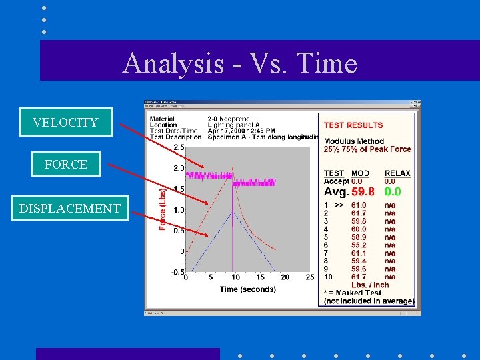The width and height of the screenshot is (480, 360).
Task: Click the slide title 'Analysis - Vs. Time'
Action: click(240, 63)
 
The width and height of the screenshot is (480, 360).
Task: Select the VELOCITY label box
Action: click(65, 122)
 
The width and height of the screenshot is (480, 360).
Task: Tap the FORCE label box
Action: click(65, 164)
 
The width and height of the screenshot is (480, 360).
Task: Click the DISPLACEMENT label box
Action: click(70, 208)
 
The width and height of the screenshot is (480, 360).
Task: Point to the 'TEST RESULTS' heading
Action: click(353, 125)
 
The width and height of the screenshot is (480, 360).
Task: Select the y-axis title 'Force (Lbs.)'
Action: click(162, 209)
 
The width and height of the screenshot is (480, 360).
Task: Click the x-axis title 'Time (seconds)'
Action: click(247, 289)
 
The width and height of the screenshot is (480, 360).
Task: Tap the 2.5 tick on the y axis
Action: click(179, 147)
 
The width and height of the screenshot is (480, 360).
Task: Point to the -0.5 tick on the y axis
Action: click(177, 272)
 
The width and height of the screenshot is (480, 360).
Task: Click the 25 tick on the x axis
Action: click(309, 277)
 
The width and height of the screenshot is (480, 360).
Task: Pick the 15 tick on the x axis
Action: click(260, 277)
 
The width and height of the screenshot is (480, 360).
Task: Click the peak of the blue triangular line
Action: click(232, 212)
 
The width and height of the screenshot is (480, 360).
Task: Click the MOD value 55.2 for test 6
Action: click(359, 245)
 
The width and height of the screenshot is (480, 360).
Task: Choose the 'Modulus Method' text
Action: click(354, 141)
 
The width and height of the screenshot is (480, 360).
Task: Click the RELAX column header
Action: click(397, 173)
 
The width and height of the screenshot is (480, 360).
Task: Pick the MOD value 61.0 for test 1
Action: click(359, 205)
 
